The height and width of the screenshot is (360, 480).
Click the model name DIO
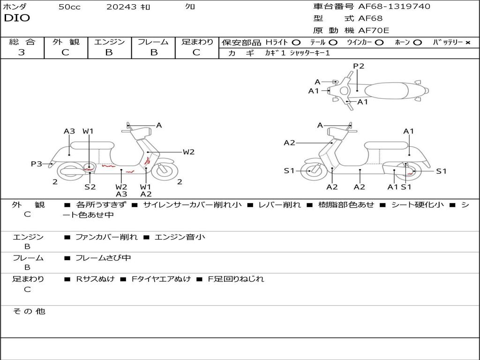click(x=17, y=18)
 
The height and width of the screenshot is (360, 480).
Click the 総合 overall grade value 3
click(x=22, y=52)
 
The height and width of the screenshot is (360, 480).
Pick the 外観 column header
click(x=66, y=42)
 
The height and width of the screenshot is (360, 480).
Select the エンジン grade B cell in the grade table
click(x=109, y=52)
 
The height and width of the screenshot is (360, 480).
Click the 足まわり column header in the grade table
click(x=197, y=42)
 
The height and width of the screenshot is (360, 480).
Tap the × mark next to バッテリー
click(x=467, y=42)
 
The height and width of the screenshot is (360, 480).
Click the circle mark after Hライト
click(x=296, y=42)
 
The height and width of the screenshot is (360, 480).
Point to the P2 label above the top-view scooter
click(x=359, y=66)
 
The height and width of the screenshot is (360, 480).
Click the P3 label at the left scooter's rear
click(x=37, y=164)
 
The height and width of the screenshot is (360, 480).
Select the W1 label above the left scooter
click(x=88, y=131)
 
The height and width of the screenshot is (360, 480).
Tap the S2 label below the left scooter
click(x=90, y=187)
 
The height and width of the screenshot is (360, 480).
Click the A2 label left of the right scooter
click(x=289, y=142)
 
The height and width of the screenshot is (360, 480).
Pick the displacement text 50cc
click(x=69, y=7)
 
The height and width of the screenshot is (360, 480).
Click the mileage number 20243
click(x=121, y=7)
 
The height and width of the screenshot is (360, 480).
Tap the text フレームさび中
click(x=103, y=258)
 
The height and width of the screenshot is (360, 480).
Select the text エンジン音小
click(x=180, y=237)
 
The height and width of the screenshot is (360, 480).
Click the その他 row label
click(x=29, y=311)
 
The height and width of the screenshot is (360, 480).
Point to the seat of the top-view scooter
click(x=391, y=90)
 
